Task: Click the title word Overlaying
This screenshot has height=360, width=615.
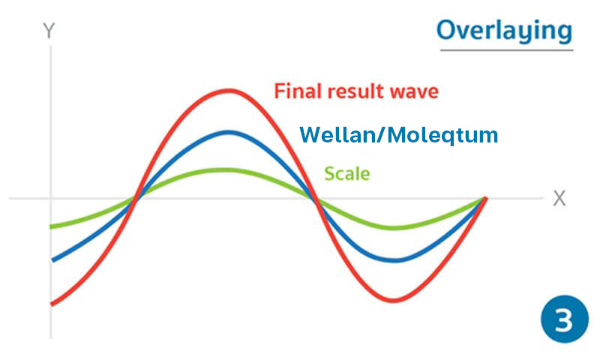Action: pos(505,31)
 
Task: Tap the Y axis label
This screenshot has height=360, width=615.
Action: pos(49,31)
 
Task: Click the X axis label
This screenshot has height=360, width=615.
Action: pos(559,199)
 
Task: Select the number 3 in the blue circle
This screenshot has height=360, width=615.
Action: pos(565,320)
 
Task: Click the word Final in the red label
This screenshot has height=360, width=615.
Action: pos(298,91)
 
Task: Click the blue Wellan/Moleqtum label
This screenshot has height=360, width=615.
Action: pos(399,135)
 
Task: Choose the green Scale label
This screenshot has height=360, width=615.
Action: pos(347,174)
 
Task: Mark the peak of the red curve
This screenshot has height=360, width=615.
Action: pos(229,91)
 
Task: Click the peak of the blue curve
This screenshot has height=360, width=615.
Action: pos(229,133)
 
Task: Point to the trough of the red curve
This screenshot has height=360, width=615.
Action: pos(394,301)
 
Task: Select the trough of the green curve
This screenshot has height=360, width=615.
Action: pos(394,228)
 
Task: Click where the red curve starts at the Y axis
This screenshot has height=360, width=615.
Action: pos(52,304)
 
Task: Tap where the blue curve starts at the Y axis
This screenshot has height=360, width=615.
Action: pos(53,260)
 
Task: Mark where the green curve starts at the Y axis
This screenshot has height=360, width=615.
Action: pos(51,226)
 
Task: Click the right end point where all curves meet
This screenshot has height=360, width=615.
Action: pos(485,199)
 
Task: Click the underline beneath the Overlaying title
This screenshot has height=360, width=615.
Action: pos(507,50)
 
